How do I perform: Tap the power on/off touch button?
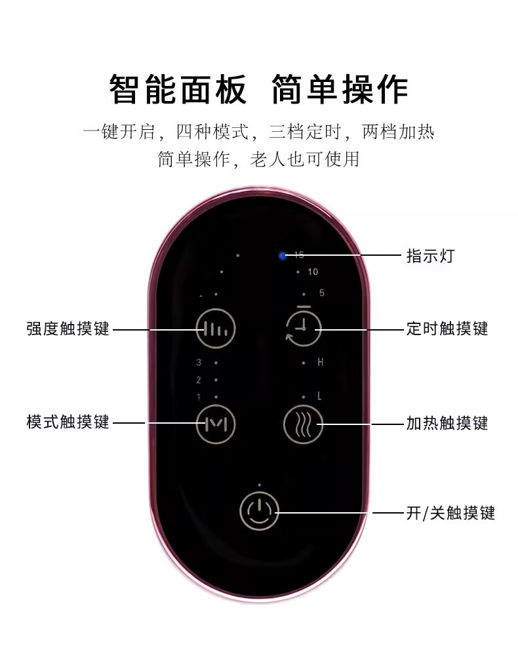260,511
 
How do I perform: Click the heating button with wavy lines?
303,424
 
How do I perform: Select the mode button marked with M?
216,424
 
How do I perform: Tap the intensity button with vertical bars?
216,329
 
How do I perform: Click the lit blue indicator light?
283,256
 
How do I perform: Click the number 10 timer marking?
313,272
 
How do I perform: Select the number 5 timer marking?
321,293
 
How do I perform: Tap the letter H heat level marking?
321,362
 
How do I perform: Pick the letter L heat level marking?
320,396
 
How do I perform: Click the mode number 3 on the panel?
198,362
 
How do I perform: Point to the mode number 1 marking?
198,397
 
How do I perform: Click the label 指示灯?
429,255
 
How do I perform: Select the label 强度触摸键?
68,328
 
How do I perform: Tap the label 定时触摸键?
447,328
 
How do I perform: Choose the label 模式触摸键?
68,421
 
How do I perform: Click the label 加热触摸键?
447,423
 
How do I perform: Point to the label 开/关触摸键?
450,512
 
